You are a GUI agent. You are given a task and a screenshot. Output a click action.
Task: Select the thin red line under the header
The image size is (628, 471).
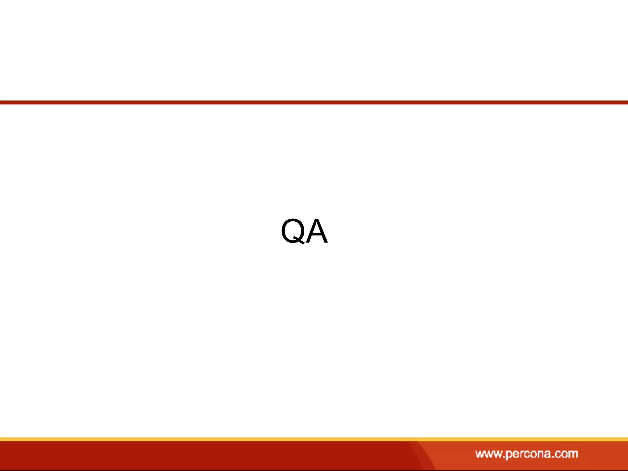point(314,102)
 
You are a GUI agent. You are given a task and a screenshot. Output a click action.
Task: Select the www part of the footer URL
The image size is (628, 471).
point(488,454)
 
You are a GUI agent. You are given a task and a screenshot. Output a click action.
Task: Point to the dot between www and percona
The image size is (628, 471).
point(503,457)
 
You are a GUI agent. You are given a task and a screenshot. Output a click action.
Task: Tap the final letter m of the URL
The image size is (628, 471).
point(572,454)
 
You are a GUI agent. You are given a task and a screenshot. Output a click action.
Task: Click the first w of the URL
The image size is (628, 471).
point(480,454)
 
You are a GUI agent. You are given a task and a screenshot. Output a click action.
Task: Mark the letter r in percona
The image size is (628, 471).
point(521,454)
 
